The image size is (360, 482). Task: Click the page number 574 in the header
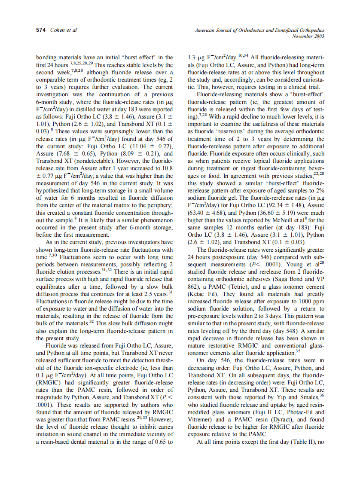[41, 30]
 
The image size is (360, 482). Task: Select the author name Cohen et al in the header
[64, 30]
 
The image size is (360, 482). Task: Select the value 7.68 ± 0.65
[70, 153]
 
